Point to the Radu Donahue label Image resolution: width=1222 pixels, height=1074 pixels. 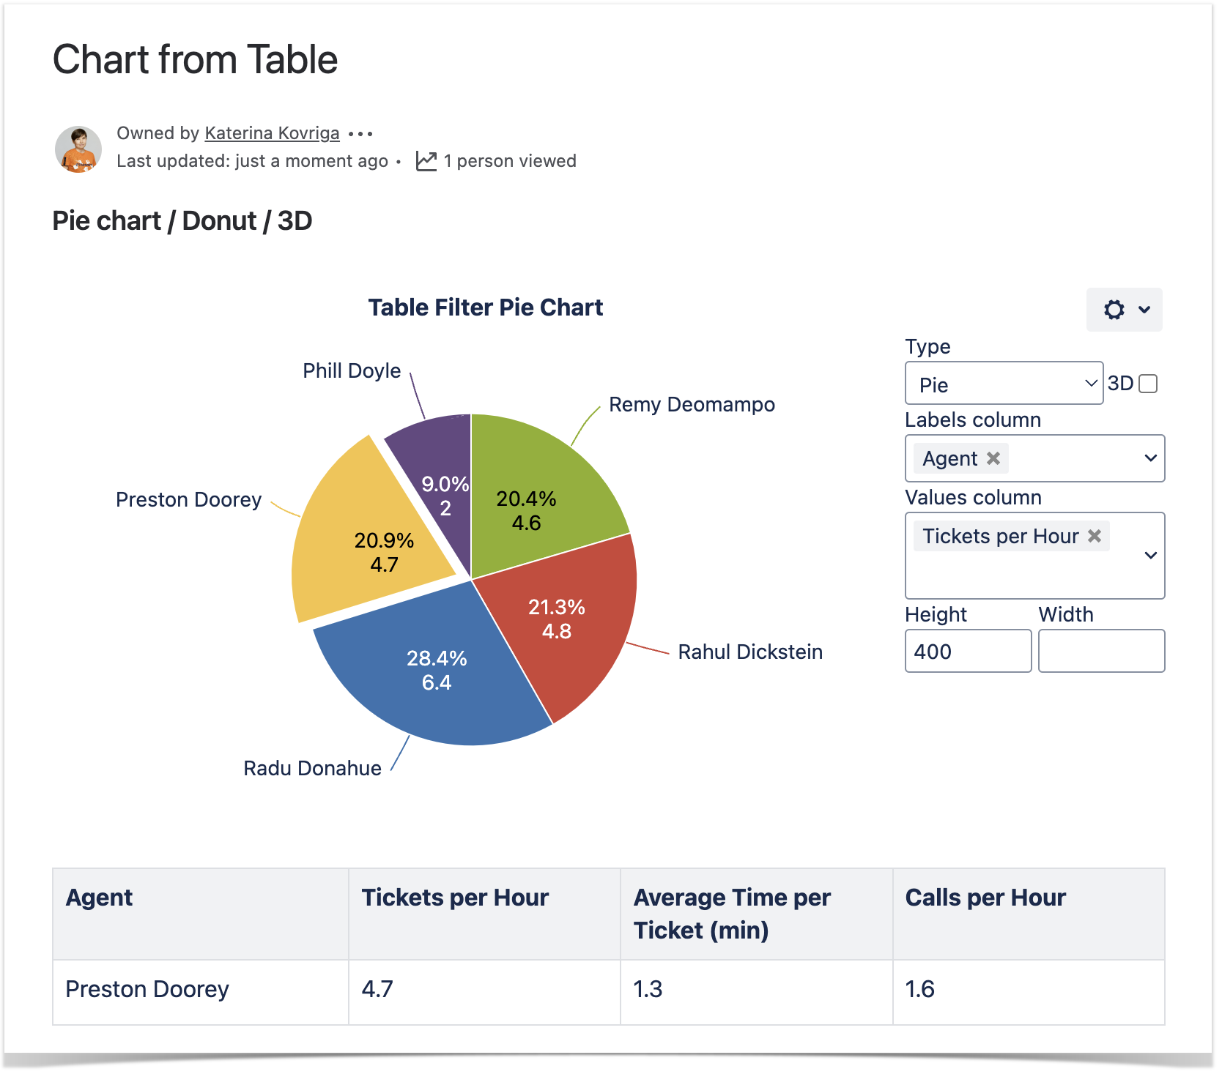(312, 768)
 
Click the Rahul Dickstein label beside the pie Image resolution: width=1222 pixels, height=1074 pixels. (750, 652)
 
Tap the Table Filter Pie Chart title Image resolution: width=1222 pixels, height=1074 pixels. (485, 307)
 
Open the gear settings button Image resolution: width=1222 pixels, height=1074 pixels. (1124, 310)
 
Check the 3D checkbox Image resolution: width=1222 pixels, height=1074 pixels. (1149, 384)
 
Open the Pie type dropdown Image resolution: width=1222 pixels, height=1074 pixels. (1004, 384)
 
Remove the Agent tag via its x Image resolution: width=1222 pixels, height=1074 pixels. (993, 458)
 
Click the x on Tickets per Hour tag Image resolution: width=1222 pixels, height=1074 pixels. (1095, 536)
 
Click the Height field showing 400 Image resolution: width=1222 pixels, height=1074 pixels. (967, 651)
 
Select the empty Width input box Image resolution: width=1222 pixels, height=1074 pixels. (1101, 651)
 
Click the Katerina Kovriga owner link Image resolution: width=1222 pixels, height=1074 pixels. (272, 133)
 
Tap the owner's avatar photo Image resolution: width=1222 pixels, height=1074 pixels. (78, 149)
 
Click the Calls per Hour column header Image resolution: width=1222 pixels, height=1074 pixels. (985, 898)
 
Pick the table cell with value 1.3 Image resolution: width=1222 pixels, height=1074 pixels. (648, 989)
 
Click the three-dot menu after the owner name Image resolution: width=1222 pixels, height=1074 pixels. (360, 133)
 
